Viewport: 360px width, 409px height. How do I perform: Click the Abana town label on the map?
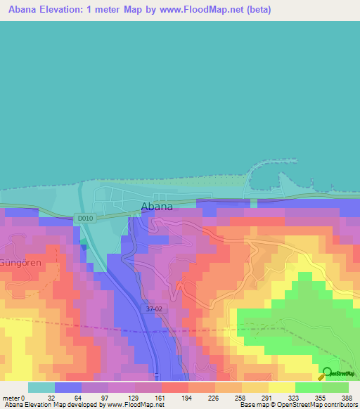pos(157,207)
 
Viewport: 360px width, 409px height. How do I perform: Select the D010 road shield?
pos(84,219)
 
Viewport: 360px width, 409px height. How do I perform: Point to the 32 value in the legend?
pos(51,397)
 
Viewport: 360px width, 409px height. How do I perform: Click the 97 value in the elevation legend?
pos(105,397)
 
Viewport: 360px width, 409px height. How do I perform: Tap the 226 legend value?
pos(214,397)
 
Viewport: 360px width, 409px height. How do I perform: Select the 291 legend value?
pos(268,397)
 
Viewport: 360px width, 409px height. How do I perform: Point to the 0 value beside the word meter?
pos(23,397)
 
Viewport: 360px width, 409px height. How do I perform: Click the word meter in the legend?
pos(11,397)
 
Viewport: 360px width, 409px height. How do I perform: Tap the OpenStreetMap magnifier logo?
pos(326,372)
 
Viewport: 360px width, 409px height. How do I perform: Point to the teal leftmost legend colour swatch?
pos(41,387)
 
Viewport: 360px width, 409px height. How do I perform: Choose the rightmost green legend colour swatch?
pos(335,387)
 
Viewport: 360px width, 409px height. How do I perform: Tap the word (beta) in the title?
pos(255,10)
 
